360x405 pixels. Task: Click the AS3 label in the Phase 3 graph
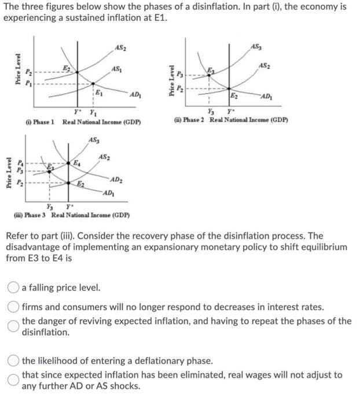pos(94,141)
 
